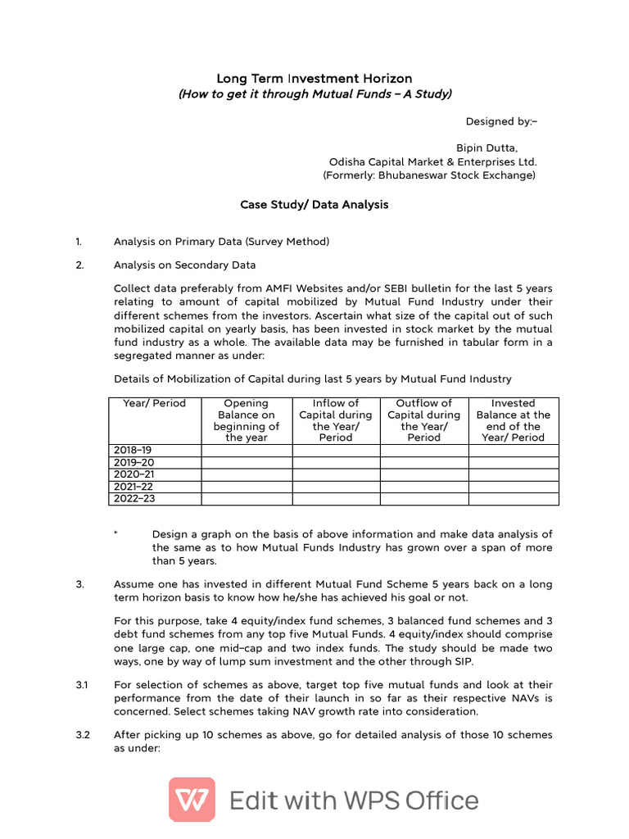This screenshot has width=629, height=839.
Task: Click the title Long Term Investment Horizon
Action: click(314, 79)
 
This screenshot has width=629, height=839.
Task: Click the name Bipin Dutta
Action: click(487, 147)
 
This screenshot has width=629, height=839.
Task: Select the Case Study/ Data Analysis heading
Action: click(314, 205)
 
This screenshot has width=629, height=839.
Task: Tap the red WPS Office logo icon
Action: click(192, 800)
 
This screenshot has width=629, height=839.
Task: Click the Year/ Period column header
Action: click(154, 403)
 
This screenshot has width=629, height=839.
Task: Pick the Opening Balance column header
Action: click(246, 420)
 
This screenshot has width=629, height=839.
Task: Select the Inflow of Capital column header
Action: click(336, 420)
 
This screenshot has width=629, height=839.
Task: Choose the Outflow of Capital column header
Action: click(423, 420)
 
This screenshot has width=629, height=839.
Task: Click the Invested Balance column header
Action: click(513, 420)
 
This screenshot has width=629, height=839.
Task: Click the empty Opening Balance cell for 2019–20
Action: click(246, 462)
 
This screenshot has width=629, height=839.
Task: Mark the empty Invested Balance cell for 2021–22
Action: click(513, 487)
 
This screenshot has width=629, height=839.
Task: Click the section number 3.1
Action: click(82, 685)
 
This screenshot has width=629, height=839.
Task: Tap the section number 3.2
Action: click(82, 735)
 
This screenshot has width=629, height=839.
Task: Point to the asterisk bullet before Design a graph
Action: click(116, 533)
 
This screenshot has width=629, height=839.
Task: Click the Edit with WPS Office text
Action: click(354, 800)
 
